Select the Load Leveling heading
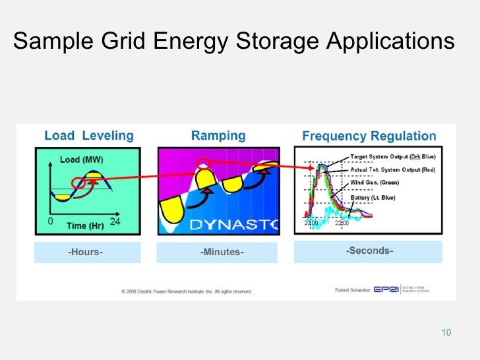coord(88,136)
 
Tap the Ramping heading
coord(218,136)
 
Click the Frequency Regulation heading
coord(369,136)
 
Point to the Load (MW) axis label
coord(82,160)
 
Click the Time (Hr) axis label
coord(86,225)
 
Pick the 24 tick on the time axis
coord(115,222)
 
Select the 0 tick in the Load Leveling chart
coord(50,222)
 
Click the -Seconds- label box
coord(369,251)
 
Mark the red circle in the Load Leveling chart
coord(82,183)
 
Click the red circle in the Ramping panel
coord(204,164)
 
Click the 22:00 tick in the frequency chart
coord(342,223)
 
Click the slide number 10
coord(446,332)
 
